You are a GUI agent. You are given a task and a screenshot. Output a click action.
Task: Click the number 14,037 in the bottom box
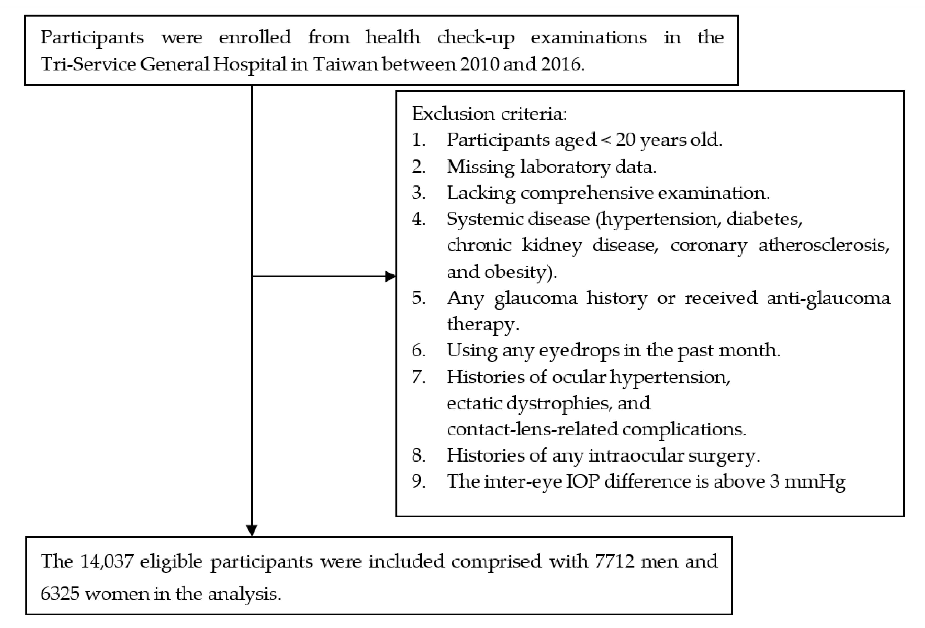[107, 562]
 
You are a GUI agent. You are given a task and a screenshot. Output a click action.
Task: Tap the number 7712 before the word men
[615, 562]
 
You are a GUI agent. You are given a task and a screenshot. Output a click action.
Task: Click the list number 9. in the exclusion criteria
[418, 482]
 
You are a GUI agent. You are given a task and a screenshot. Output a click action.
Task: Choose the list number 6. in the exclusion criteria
[418, 350]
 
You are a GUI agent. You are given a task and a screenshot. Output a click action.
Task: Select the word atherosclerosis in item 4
[824, 245]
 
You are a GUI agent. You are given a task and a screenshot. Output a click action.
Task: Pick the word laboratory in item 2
[564, 167]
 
